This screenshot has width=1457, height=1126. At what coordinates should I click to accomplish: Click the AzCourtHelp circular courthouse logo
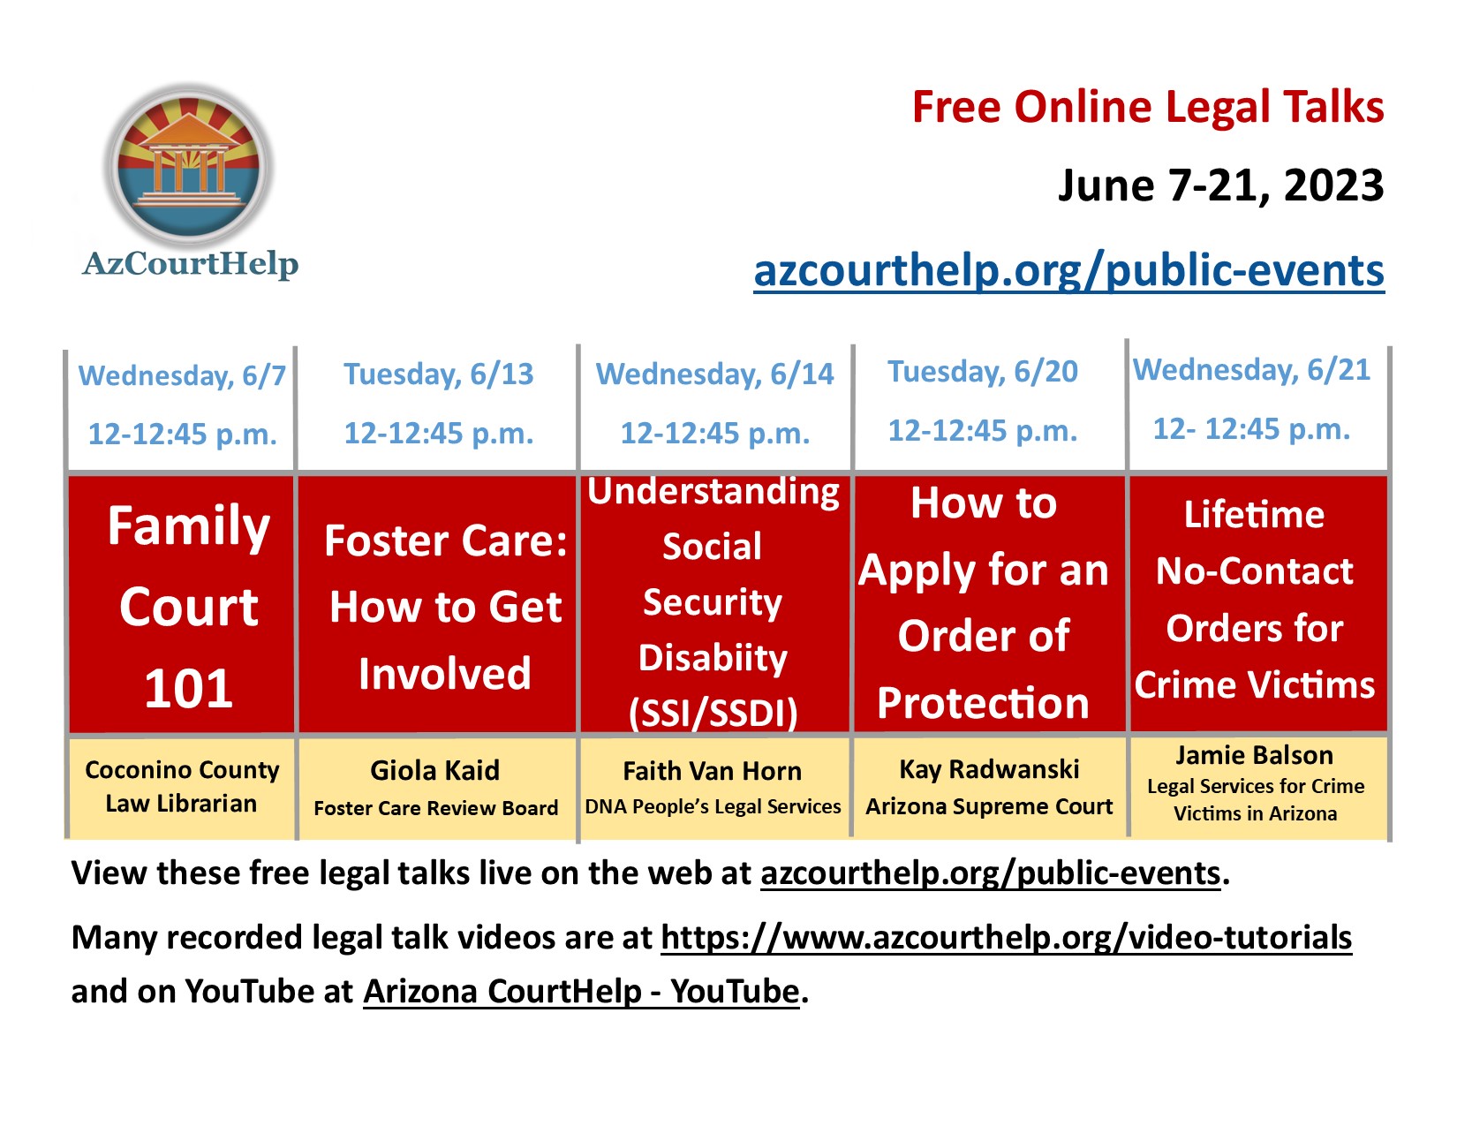click(190, 165)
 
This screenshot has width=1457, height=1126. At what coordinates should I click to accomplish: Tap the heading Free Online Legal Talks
click(1148, 108)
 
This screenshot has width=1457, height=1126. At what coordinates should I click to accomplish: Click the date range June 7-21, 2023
click(1221, 185)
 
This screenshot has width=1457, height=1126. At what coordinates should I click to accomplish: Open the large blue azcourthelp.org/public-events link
click(1069, 271)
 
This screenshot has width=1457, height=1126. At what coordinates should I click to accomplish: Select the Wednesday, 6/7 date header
click(182, 374)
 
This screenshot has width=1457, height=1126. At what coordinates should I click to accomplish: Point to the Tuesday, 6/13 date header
click(439, 374)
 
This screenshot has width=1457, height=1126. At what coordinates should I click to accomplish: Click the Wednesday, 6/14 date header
click(714, 374)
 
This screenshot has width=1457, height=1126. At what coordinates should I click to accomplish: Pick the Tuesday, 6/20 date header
click(983, 372)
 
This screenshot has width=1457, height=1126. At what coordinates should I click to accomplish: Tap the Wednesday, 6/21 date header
click(1252, 369)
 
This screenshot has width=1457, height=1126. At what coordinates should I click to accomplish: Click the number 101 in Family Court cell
click(188, 689)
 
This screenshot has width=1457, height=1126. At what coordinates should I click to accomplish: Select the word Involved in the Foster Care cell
click(444, 673)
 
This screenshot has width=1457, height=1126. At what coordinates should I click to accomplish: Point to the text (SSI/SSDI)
click(713, 714)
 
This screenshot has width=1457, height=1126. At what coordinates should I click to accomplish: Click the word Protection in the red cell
click(983, 703)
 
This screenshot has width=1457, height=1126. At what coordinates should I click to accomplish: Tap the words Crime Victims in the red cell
click(1255, 684)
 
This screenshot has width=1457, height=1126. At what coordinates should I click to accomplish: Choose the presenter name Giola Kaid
click(435, 771)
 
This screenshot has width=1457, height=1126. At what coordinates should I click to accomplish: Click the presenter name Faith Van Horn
click(712, 771)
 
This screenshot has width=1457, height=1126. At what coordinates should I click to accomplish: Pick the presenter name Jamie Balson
click(1255, 755)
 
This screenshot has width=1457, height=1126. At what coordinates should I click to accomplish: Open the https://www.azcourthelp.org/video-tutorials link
click(1007, 938)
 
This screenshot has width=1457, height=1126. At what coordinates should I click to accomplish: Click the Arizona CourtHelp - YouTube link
click(582, 991)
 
